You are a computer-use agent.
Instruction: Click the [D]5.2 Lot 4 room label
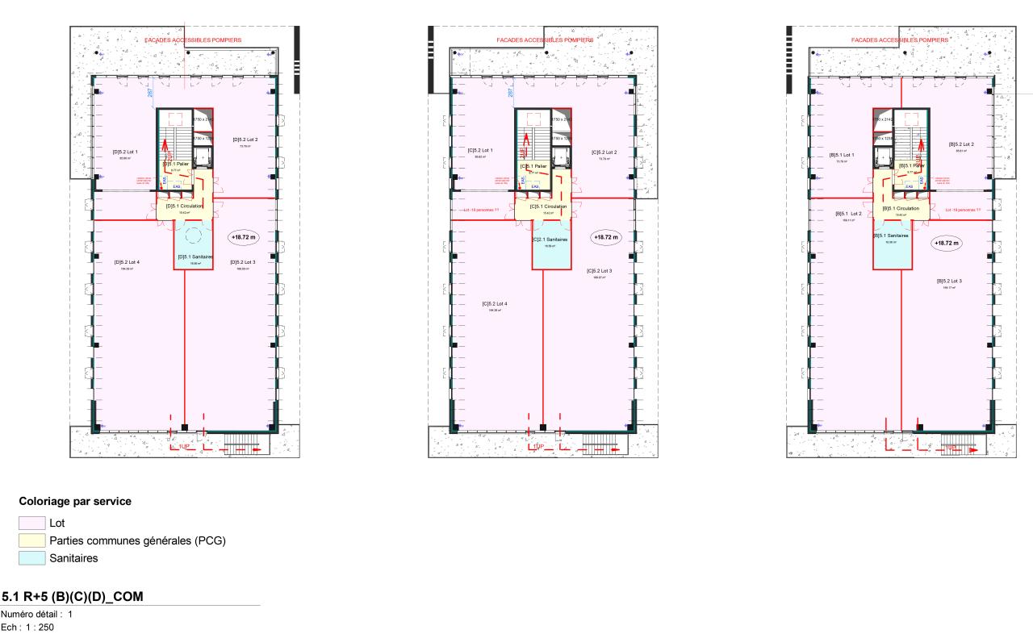click(x=128, y=262)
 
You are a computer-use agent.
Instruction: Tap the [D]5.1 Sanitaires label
click(x=193, y=257)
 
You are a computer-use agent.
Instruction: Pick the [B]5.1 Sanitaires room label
click(x=891, y=236)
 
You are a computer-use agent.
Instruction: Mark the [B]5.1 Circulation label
click(x=901, y=208)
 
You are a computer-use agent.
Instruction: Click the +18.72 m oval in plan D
click(x=243, y=238)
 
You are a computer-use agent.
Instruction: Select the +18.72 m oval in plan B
click(x=945, y=242)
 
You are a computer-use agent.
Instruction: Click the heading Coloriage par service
click(x=75, y=501)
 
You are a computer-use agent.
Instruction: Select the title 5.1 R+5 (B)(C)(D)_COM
click(x=73, y=597)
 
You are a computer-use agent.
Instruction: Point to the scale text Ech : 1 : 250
click(x=27, y=627)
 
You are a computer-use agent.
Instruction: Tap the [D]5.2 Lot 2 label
click(x=245, y=140)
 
